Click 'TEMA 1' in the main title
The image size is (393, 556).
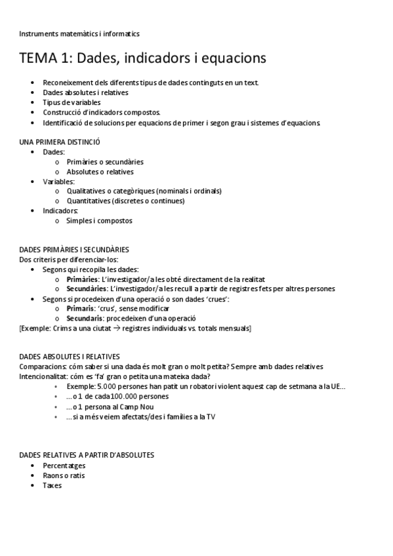(x=45, y=58)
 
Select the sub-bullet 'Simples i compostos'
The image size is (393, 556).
(x=99, y=221)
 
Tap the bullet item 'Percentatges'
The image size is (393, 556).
(x=64, y=466)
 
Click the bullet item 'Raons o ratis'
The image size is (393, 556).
(x=64, y=475)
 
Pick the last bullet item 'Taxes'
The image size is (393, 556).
(x=52, y=485)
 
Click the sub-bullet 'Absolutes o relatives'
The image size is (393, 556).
(x=100, y=172)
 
